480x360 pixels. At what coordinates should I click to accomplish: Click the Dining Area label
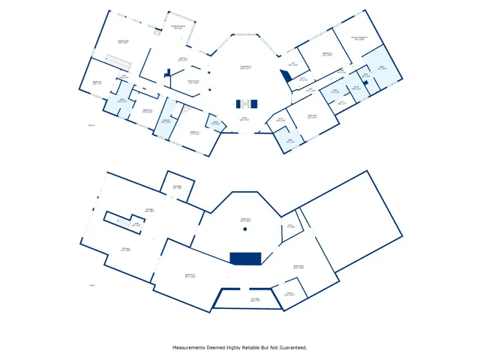point(124,41)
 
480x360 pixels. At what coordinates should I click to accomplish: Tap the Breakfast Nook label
point(178,27)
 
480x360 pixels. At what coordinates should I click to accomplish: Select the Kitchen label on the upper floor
point(182,58)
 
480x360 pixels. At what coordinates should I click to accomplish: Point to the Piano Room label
point(193,82)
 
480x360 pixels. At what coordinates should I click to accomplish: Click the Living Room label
point(244,67)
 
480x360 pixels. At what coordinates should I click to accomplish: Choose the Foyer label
point(244,118)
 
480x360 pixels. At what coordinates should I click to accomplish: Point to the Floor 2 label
point(92,125)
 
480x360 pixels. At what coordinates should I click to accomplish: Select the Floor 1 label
point(92,285)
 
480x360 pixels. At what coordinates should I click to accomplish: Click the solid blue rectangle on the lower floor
point(244,258)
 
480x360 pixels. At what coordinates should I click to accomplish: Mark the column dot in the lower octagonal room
point(244,228)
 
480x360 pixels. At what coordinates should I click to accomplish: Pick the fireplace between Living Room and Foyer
point(245,103)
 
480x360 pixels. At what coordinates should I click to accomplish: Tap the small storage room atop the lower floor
point(178,187)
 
